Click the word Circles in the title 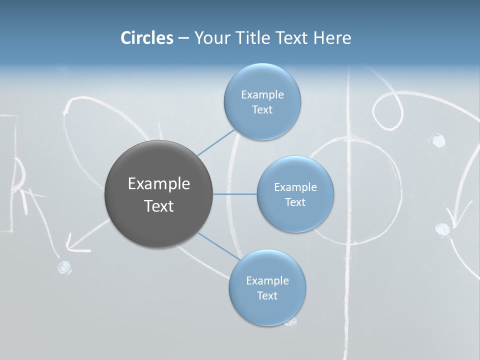click(x=146, y=37)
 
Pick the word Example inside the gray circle click(x=159, y=183)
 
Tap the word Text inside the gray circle click(x=159, y=206)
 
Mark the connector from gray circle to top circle click(x=216, y=142)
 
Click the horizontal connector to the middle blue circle click(x=234, y=194)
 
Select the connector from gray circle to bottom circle click(x=218, y=245)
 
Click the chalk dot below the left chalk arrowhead click(x=64, y=268)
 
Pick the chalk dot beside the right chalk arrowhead click(x=442, y=229)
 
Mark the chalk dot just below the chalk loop click(x=438, y=140)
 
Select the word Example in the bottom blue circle click(x=267, y=280)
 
